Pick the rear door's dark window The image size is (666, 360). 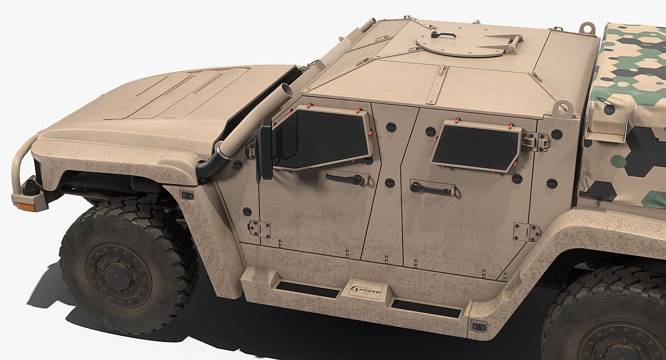(476, 148)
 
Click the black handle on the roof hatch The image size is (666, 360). (442, 35)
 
